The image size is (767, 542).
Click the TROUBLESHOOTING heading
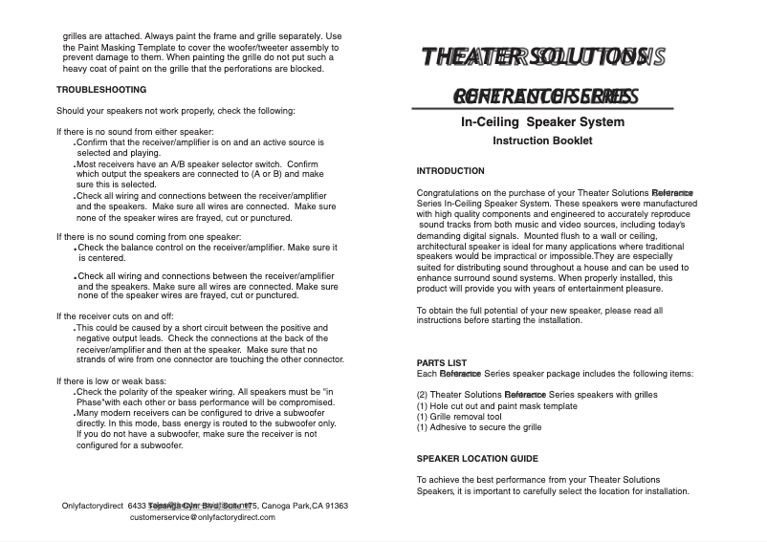pos(101,90)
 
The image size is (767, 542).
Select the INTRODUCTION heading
pos(450,171)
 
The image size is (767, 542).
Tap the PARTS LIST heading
pos(442,363)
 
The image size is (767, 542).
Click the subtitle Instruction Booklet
pos(542,141)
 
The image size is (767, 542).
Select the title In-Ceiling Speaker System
pos(542,122)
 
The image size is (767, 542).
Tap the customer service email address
pos(202,517)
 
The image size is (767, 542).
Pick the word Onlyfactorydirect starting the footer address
pos(92,506)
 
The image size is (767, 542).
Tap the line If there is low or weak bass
pos(112,381)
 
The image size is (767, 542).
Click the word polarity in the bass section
pos(135,392)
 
